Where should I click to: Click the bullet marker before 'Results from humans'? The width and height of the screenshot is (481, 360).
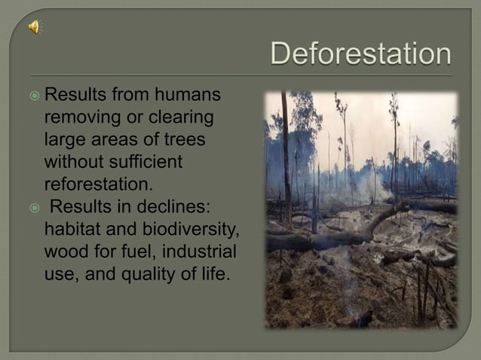35,96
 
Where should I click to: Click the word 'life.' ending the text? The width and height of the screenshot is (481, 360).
213,272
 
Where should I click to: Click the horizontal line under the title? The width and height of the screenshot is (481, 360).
241,75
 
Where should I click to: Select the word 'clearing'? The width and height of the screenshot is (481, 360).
174,118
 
